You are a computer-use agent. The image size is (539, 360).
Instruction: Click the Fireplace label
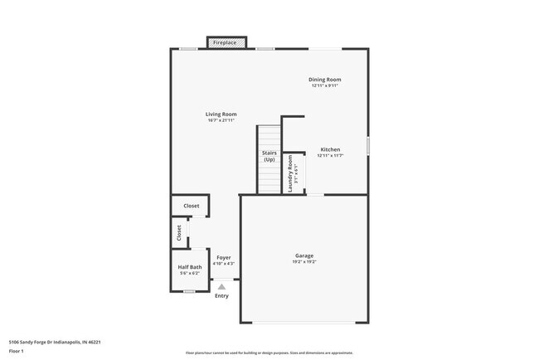[225, 42]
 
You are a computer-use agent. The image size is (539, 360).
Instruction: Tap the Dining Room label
[326, 80]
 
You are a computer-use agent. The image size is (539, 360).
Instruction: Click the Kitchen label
[331, 150]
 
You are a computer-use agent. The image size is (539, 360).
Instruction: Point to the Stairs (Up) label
[269, 156]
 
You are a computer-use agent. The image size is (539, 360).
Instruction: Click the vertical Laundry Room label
[291, 174]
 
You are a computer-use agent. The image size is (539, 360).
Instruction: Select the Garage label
[304, 255]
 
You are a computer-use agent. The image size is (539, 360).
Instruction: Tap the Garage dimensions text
[304, 262]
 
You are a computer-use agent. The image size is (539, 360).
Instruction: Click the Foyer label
[224, 258]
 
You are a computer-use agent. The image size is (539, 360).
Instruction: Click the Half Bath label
[190, 267]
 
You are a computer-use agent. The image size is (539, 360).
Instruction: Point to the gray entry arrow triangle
[221, 286]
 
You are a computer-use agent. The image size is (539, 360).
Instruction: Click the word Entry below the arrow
[221, 296]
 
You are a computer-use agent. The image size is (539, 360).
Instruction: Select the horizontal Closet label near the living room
[191, 206]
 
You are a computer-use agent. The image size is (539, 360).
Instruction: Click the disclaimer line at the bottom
[269, 353]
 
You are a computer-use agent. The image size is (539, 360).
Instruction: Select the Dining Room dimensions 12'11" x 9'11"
[326, 85]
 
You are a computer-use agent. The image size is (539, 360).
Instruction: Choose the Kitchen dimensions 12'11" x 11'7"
[331, 156]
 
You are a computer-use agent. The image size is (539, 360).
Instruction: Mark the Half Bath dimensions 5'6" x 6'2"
[190, 273]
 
